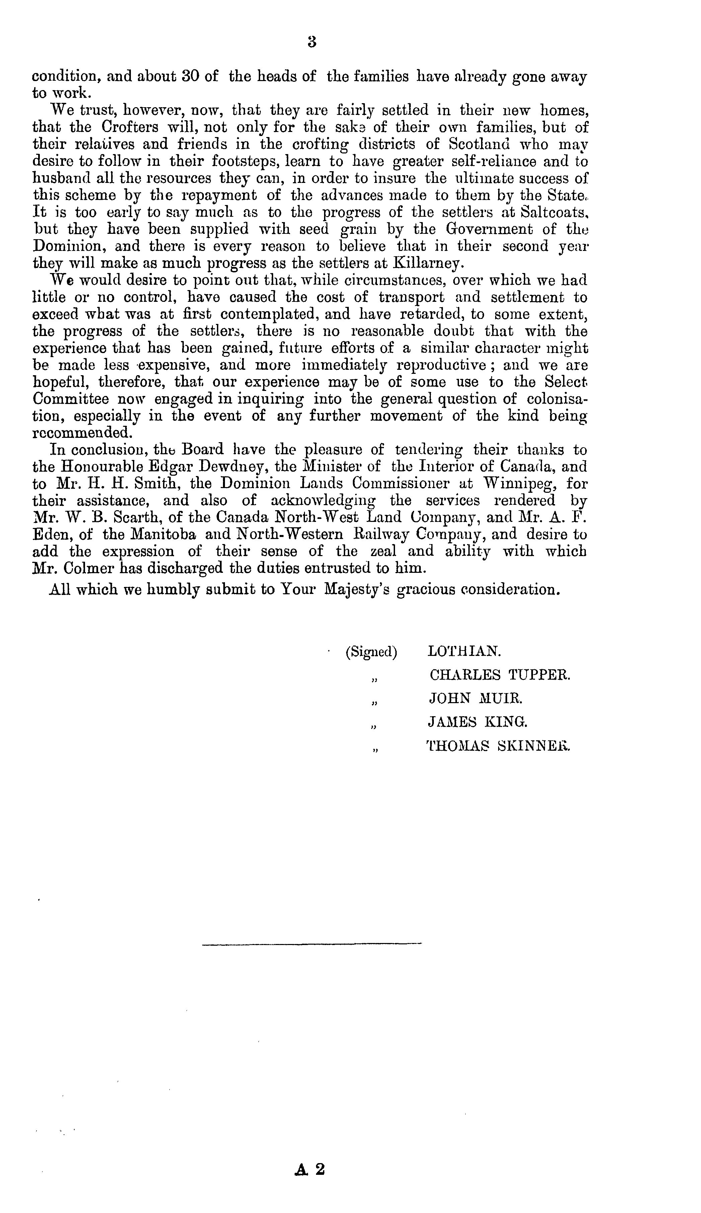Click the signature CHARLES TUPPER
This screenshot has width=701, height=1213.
coord(499,675)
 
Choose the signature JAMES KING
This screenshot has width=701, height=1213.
coord(477,722)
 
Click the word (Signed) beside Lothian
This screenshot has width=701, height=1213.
coord(371,652)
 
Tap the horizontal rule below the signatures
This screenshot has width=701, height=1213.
coord(312,944)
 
